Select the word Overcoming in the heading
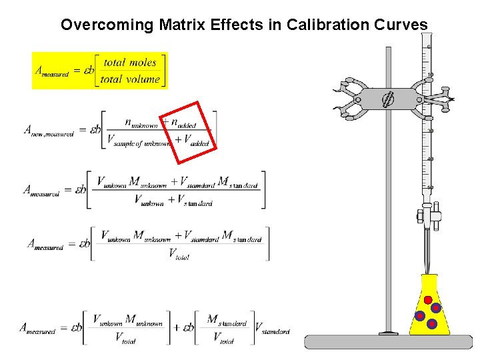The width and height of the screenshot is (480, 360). point(107,25)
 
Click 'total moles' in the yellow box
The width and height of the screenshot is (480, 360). point(130,63)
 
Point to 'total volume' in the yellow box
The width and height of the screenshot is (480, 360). point(130,79)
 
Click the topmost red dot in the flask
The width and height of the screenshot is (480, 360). point(428,299)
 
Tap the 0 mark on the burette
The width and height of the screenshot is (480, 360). point(429,47)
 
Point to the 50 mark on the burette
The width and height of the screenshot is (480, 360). point(429,187)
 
